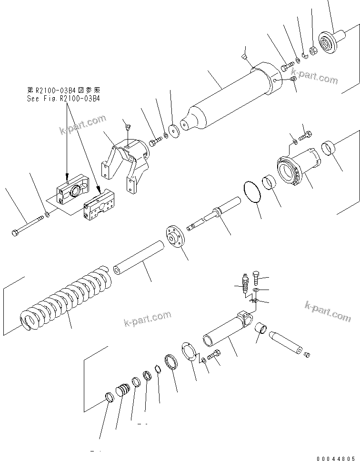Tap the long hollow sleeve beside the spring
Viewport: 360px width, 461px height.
[x=138, y=258]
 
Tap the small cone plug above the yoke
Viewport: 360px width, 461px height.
[x=127, y=126]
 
